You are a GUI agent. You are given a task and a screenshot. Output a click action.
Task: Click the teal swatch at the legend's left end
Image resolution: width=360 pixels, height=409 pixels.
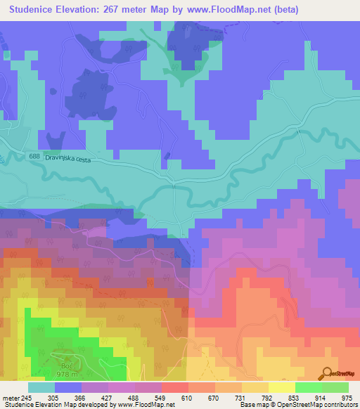click(41, 387)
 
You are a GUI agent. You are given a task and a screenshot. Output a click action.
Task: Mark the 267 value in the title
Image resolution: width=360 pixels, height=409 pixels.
click(117, 10)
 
